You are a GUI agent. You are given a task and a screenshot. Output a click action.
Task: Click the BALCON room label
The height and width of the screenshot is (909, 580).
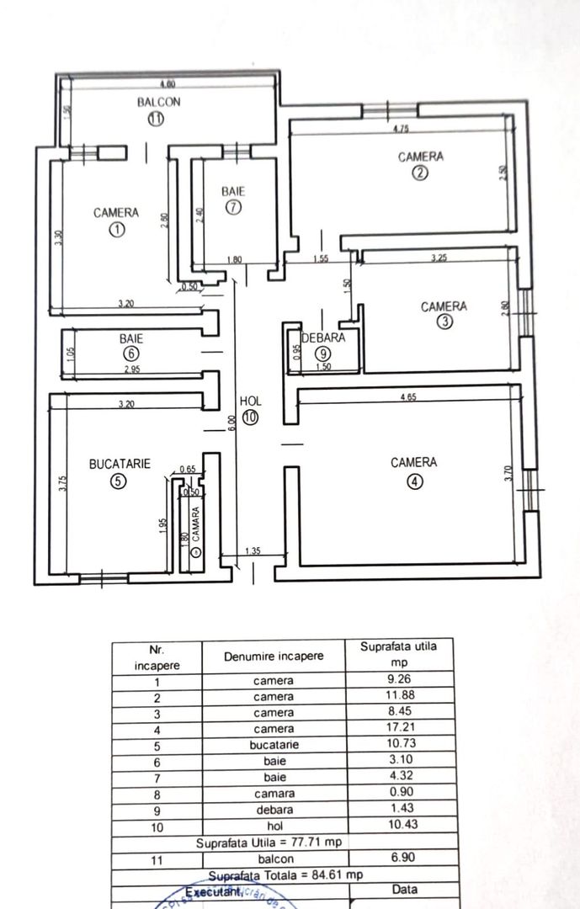(160, 102)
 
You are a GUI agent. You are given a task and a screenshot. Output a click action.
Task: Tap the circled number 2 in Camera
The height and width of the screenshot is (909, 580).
(420, 173)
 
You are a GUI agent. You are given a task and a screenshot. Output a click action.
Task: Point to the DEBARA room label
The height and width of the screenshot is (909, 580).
(323, 338)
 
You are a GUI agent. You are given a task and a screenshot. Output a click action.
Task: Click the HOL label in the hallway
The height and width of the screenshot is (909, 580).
(250, 401)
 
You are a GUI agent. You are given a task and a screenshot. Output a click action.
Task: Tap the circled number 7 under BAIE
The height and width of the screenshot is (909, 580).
(233, 207)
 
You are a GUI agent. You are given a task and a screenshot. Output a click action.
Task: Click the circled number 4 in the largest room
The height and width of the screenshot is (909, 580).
(413, 481)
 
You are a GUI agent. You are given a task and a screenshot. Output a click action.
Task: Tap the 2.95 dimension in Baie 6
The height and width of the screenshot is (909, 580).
(132, 369)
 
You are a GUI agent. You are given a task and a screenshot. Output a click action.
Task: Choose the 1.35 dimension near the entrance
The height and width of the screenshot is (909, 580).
(252, 551)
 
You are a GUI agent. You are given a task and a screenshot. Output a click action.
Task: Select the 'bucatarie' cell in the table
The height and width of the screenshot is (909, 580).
(274, 745)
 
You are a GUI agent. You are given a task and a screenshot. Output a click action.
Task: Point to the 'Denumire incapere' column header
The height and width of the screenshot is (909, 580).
(274, 656)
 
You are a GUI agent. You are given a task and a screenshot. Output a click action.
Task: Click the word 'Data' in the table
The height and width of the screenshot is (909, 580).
(405, 890)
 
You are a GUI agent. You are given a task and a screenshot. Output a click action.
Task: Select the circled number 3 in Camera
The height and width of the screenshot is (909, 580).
(444, 322)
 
